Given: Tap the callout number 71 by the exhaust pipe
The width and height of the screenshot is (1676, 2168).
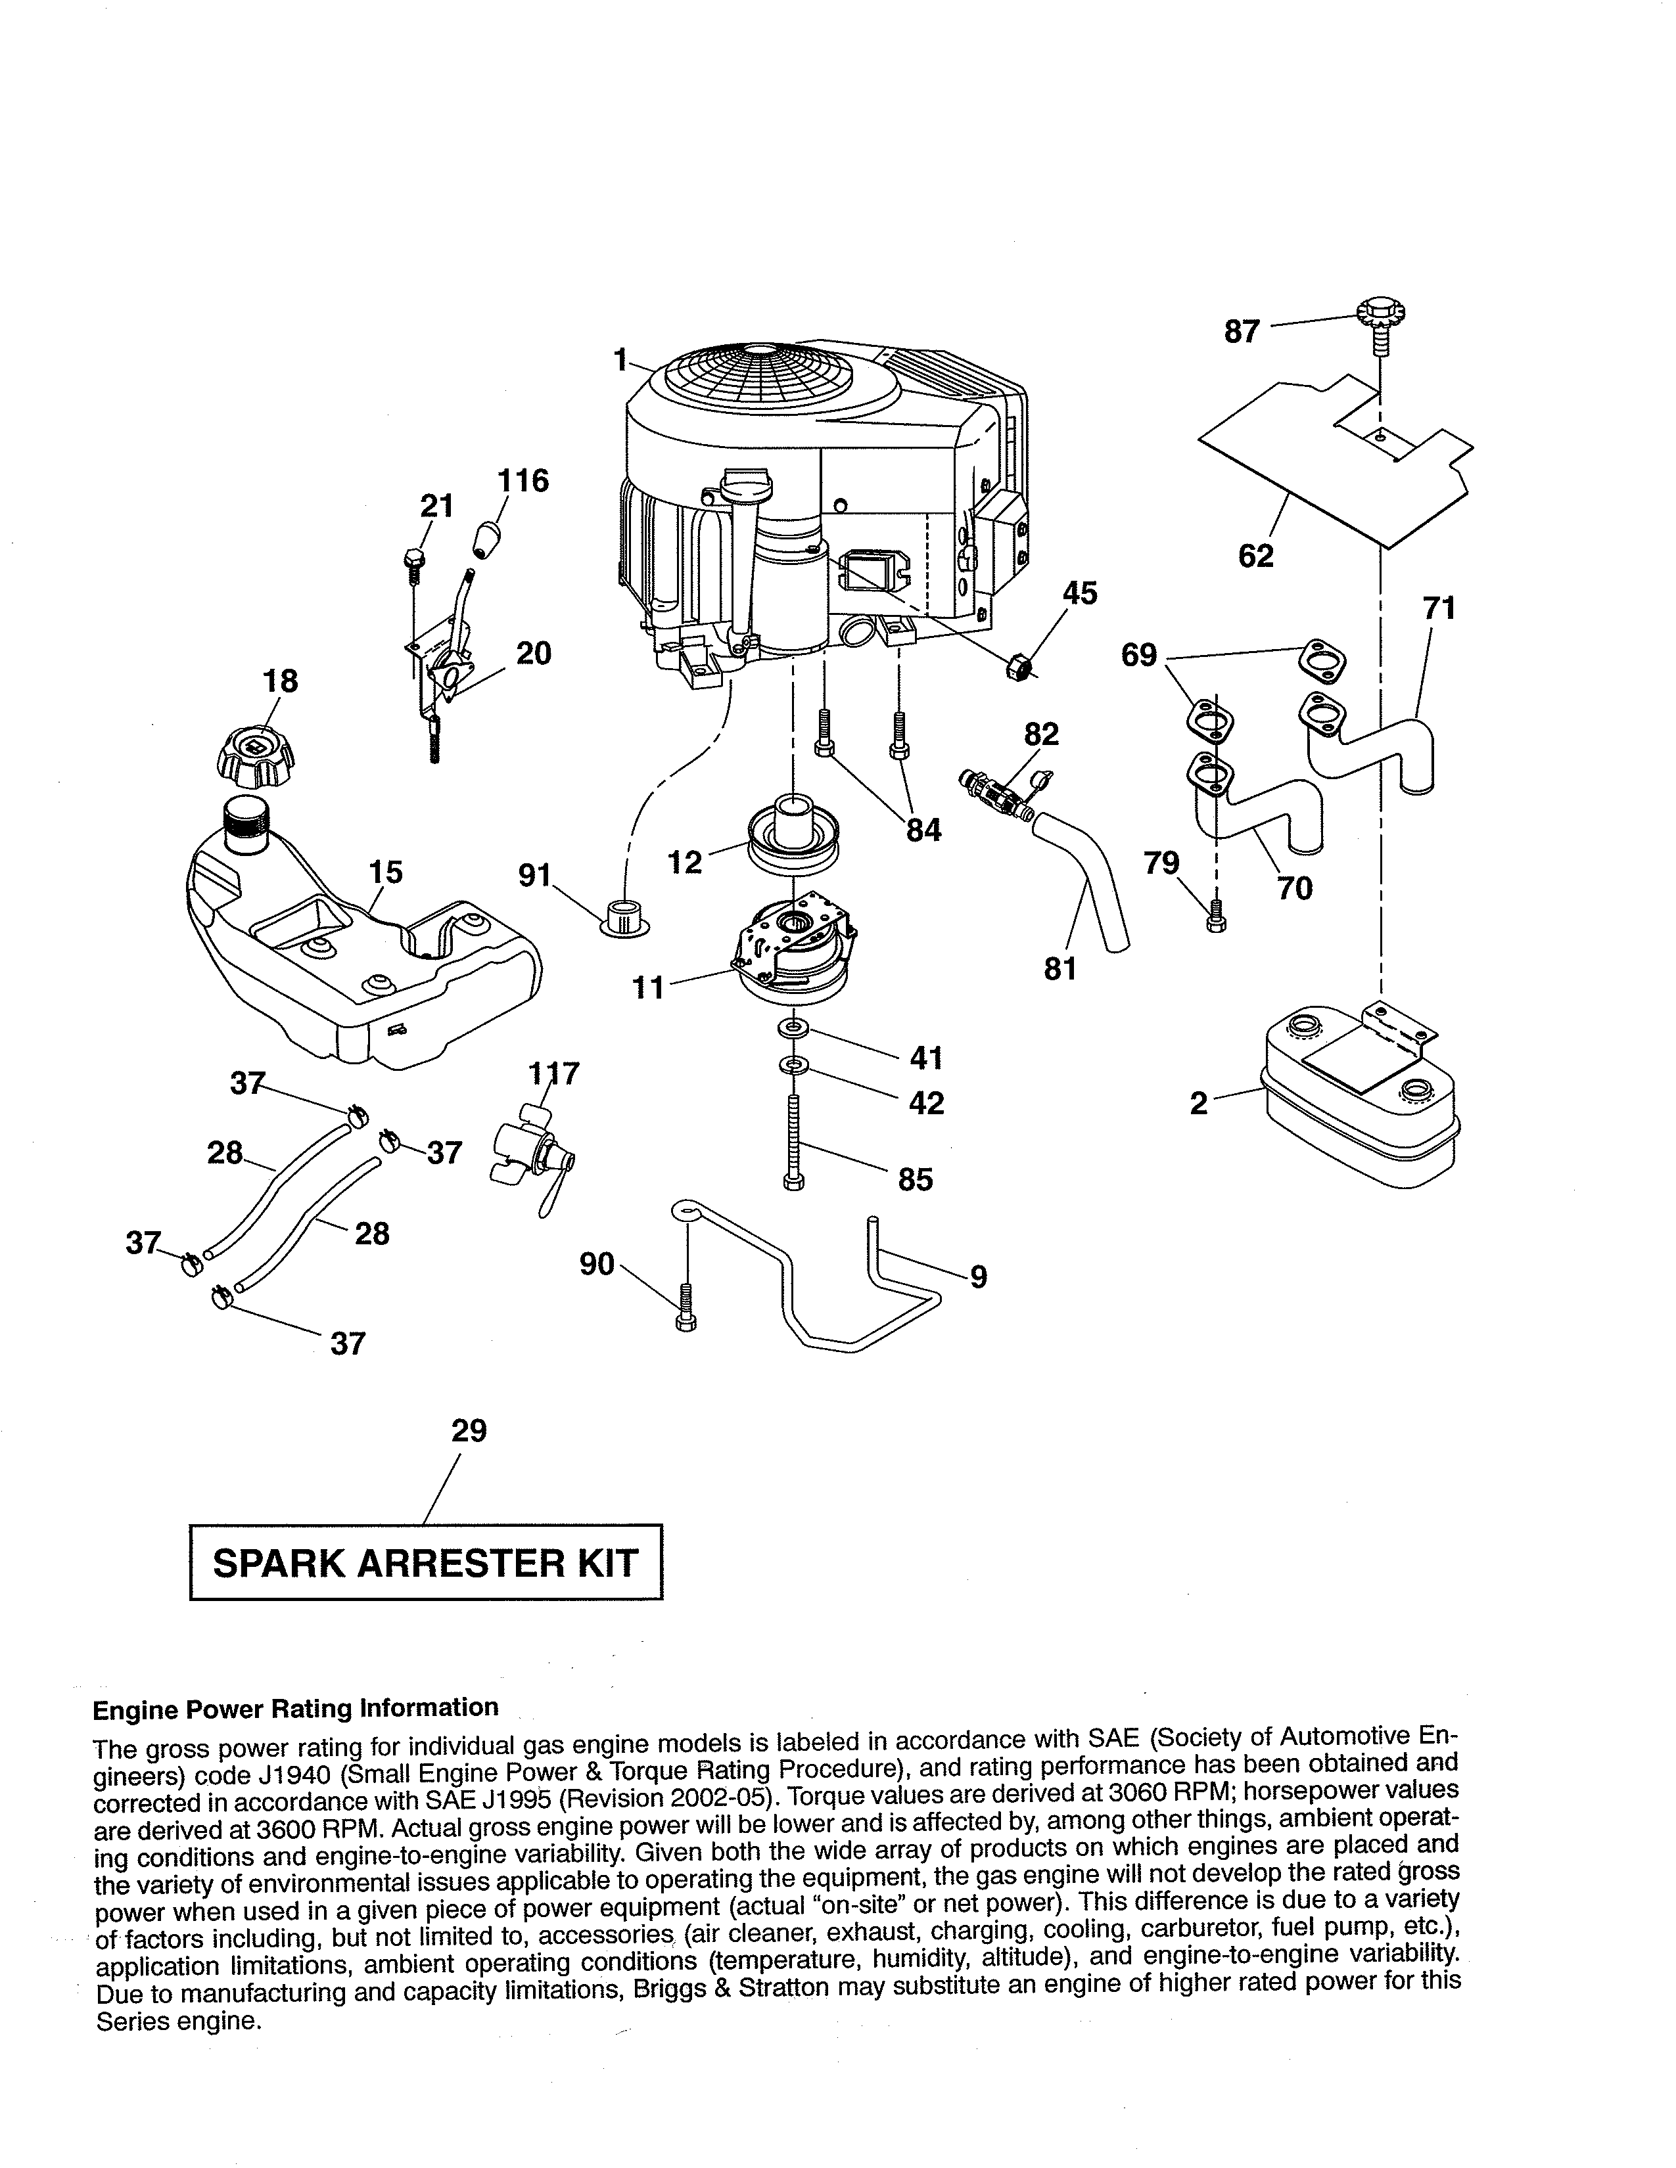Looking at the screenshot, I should click(x=1439, y=608).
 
